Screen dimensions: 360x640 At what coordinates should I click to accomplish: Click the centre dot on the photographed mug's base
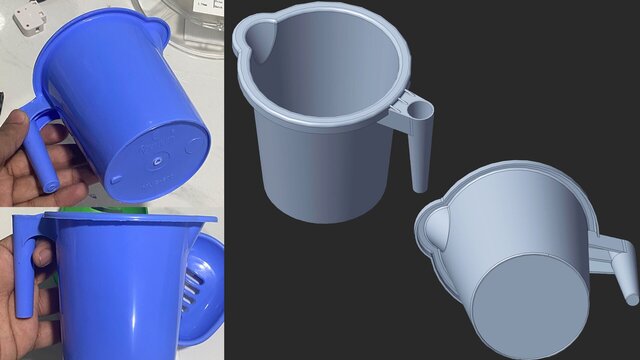click(158, 157)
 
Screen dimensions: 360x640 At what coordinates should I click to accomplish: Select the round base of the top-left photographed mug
click(158, 155)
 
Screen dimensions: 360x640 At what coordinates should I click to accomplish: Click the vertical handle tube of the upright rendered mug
click(420, 150)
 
